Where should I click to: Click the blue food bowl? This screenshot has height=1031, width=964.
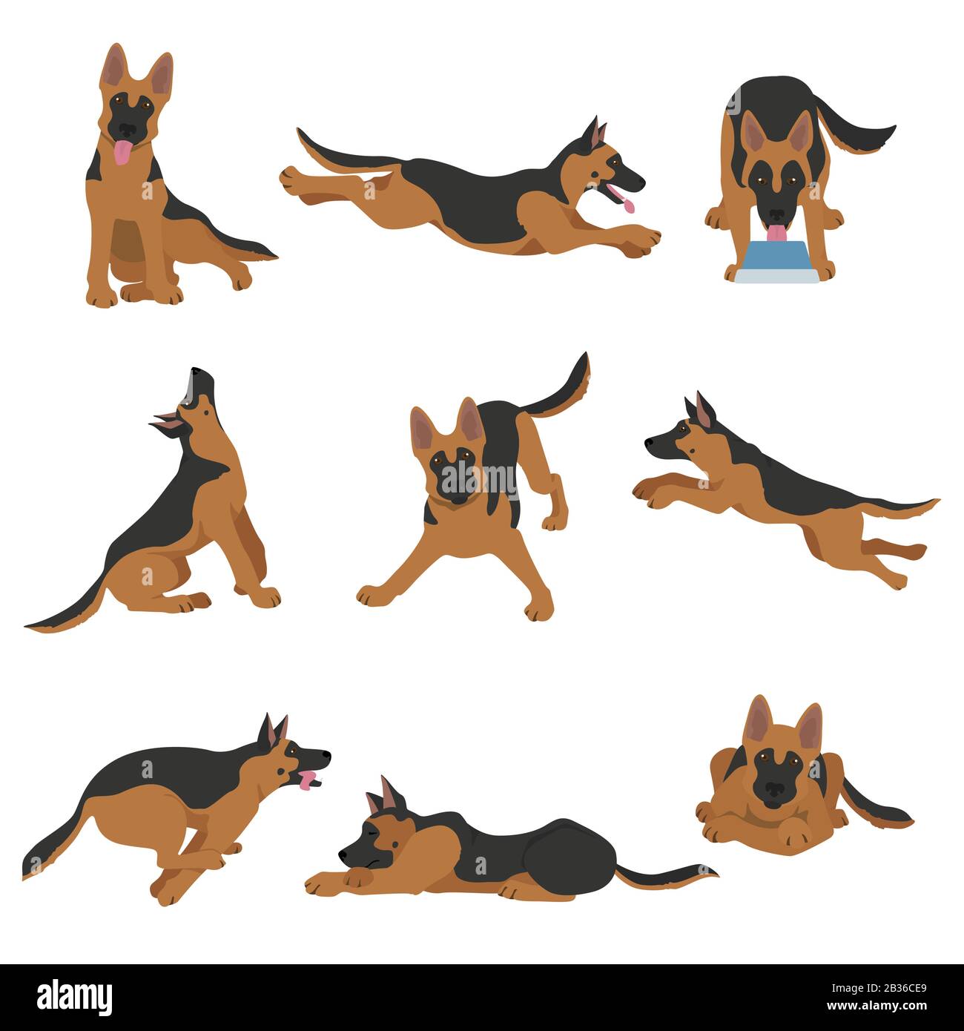tap(774, 263)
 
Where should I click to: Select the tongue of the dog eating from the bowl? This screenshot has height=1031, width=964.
tap(776, 234)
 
